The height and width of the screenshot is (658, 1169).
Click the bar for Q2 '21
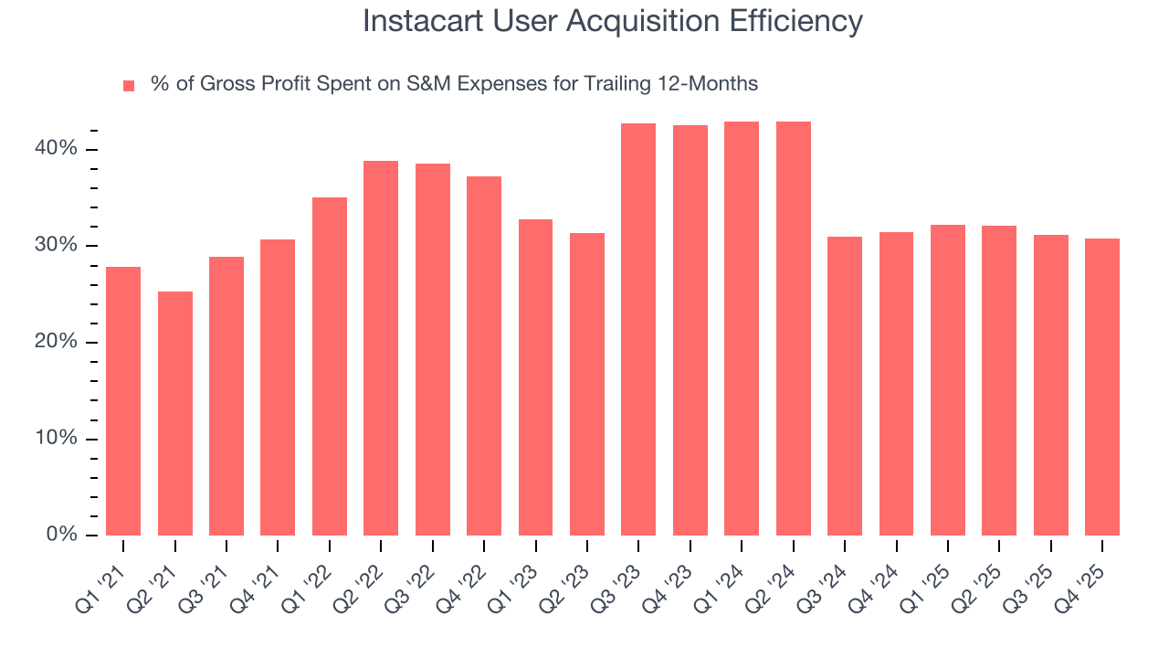click(x=175, y=413)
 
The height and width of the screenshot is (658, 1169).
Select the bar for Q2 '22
click(x=381, y=348)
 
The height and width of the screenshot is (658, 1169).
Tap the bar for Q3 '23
click(x=638, y=329)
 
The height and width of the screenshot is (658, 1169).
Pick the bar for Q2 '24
click(x=793, y=328)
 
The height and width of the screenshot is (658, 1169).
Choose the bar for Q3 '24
click(x=845, y=386)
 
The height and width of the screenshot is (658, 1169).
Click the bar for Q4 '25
click(x=1102, y=387)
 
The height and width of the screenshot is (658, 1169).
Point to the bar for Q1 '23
click(x=535, y=377)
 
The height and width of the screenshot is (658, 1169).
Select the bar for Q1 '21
click(x=123, y=401)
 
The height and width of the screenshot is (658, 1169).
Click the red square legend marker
click(x=129, y=85)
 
